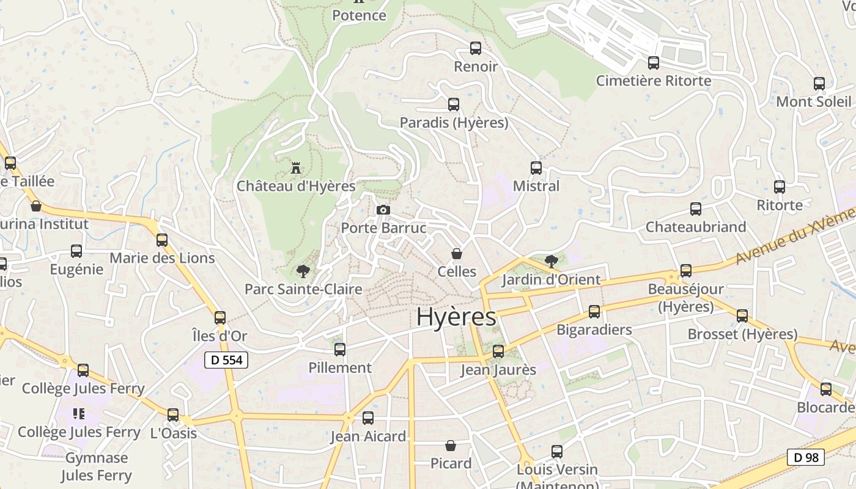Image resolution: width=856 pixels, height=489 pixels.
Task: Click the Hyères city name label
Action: [456, 317]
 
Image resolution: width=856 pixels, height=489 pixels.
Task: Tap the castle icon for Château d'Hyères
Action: [297, 167]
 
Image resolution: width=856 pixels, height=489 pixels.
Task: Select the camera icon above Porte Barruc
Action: [383, 210]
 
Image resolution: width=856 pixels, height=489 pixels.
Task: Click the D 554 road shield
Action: [226, 360]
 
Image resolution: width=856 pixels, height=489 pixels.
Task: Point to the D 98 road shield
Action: [805, 457]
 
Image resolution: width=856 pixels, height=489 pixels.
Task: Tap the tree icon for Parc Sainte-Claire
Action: [303, 271]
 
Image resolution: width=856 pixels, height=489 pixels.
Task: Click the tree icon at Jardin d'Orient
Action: [551, 262]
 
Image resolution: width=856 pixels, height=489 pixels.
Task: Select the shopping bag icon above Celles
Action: [457, 253]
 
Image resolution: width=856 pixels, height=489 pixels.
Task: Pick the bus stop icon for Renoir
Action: [475, 48]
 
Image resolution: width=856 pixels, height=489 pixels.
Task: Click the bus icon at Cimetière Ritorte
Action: [653, 62]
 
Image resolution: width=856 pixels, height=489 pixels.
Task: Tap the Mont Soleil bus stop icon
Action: [819, 84]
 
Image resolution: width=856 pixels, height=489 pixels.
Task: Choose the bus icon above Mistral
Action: [536, 167]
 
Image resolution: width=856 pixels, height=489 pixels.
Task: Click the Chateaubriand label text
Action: [696, 227]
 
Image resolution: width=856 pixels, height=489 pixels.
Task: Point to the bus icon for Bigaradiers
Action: [594, 311]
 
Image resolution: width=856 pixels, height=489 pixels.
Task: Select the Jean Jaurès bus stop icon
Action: [498, 351]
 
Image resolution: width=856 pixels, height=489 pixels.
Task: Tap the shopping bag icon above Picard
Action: [451, 445]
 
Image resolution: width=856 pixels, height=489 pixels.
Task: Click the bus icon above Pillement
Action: [340, 349]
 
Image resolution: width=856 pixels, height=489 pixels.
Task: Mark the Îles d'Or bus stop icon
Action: [220, 317]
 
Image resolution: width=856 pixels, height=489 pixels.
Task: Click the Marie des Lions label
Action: [162, 258]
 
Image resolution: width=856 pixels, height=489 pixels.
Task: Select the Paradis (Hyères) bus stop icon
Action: [453, 104]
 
